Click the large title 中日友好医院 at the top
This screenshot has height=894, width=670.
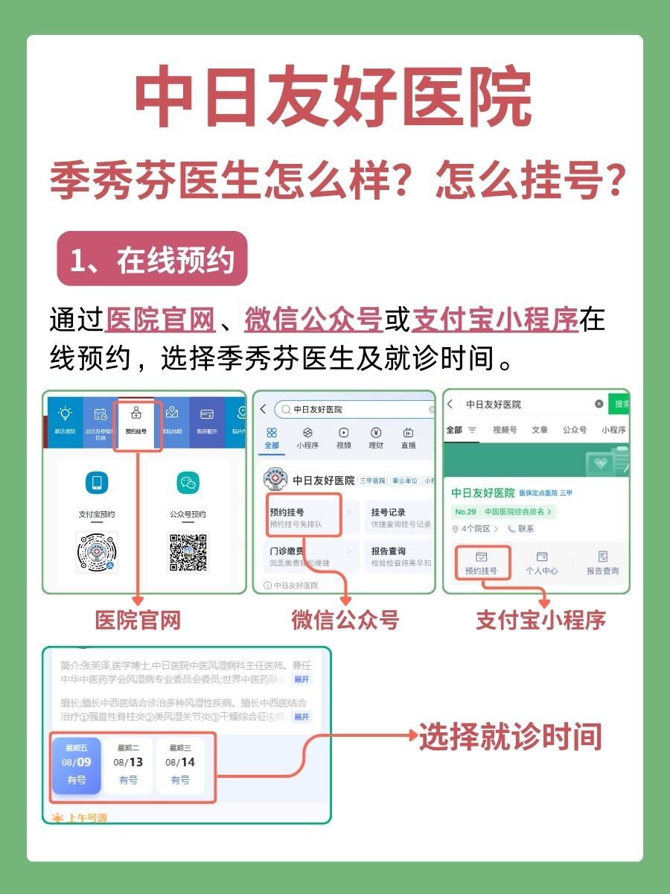pyautogui.click(x=334, y=98)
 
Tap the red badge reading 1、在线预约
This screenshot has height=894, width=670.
pyautogui.click(x=152, y=260)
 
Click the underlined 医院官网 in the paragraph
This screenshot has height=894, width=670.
pyautogui.click(x=161, y=320)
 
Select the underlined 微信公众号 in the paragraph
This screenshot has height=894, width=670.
pyautogui.click(x=313, y=320)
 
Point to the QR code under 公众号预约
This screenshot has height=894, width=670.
pyautogui.click(x=188, y=552)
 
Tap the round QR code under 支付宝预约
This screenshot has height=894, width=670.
pyautogui.click(x=97, y=552)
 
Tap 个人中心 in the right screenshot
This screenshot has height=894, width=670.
pyautogui.click(x=541, y=564)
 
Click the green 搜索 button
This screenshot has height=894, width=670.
pyautogui.click(x=619, y=404)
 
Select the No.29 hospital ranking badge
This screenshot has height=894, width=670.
pyautogui.click(x=503, y=512)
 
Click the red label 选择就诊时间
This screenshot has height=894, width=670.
pyautogui.click(x=510, y=737)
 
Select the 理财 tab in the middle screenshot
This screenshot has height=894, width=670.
pyautogui.click(x=376, y=438)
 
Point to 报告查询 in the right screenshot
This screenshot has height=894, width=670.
pyautogui.click(x=602, y=564)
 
